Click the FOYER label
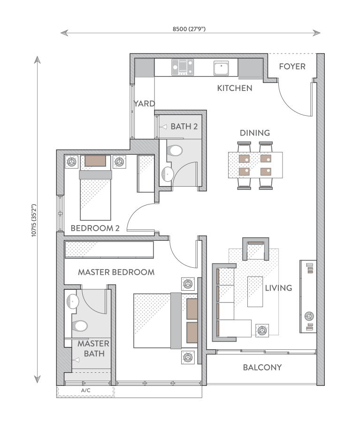pos(292,67)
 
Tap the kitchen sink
pos(221,68)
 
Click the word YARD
pos(144,104)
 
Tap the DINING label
pos(255,133)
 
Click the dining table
pos(255,165)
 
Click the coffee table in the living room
pos(255,291)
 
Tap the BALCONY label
pos(262,368)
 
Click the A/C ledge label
pos(85,390)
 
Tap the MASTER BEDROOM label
pos(116,272)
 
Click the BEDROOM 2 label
pos(95,228)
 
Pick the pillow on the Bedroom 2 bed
pos(95,161)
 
